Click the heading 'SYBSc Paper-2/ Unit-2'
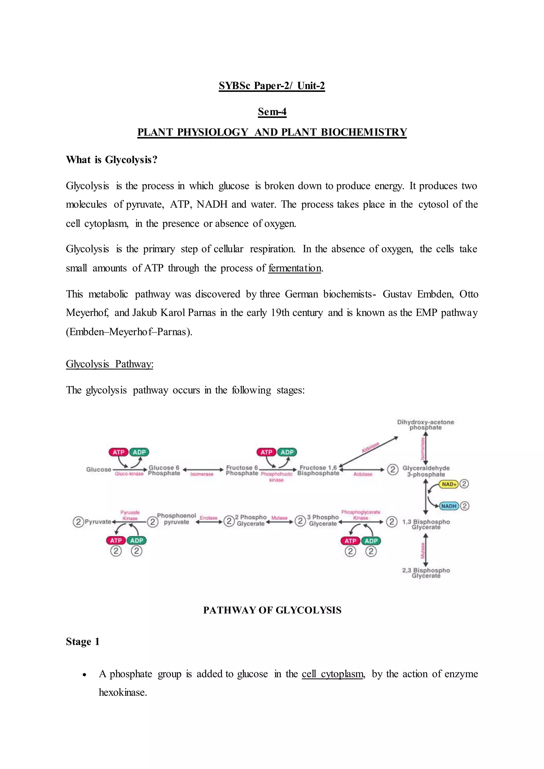click(272, 86)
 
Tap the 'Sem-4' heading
click(272, 112)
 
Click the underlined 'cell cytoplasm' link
click(333, 674)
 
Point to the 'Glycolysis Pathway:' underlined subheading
click(109, 364)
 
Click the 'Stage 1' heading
click(83, 641)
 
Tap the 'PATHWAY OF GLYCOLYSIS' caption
click(272, 610)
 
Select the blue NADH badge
click(449, 506)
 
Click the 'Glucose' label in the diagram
click(99, 469)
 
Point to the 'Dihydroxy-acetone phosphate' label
click(426, 425)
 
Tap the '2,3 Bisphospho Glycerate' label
click(426, 573)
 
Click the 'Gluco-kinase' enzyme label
click(129, 474)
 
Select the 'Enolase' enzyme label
click(208, 518)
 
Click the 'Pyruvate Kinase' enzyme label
click(130, 515)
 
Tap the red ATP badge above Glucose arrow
click(118, 452)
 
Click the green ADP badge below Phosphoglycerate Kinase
click(371, 541)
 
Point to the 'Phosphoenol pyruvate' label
click(177, 519)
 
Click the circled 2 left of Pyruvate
click(78, 522)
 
